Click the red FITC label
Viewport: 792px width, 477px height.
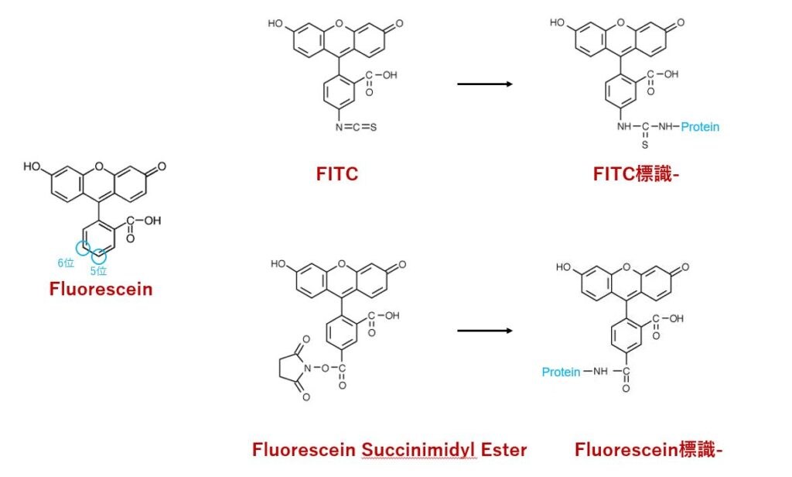tap(337, 174)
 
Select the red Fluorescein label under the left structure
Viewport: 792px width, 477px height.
tap(101, 290)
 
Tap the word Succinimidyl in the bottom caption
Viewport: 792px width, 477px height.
tap(419, 450)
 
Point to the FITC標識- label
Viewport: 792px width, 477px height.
tap(636, 174)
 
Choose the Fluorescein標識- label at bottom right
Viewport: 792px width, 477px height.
tap(649, 450)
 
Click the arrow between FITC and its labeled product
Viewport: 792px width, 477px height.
tap(485, 84)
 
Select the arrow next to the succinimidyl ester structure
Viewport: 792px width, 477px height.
tap(485, 331)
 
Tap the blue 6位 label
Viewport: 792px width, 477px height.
tap(66, 263)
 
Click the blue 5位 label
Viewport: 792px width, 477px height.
tap(98, 270)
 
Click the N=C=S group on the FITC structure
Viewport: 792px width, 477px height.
tap(356, 127)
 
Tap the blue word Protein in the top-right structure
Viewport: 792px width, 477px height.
tap(700, 126)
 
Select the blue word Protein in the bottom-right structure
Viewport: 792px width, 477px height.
tap(561, 372)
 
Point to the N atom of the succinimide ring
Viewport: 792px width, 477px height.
tap(307, 369)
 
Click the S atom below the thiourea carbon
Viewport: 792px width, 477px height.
tap(645, 145)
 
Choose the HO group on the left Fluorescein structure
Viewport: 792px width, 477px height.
tap(32, 166)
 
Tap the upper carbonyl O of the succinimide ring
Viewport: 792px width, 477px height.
tap(306, 339)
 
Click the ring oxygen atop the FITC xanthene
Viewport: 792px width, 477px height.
tap(339, 24)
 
